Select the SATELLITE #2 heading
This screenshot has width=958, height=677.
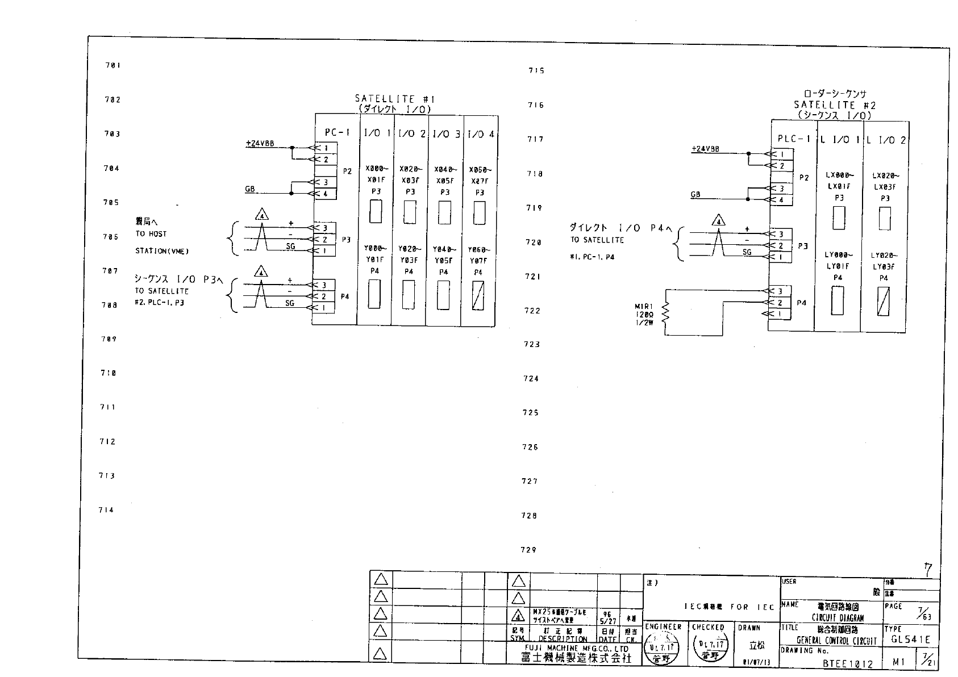coord(835,105)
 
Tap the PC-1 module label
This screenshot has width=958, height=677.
coord(337,132)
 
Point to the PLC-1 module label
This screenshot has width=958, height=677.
coord(793,139)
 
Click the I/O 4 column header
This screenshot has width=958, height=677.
coord(480,134)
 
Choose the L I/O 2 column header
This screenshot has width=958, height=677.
coord(886,140)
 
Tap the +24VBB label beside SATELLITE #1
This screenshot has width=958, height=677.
coord(260,144)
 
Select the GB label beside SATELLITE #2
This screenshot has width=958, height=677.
coord(695,195)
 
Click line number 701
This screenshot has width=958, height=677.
coord(113,65)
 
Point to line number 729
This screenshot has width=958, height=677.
coord(528,550)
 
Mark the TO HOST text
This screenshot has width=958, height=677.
coord(151,234)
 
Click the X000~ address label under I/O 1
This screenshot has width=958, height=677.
coord(376,169)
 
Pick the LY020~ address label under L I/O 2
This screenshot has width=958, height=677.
coord(885,256)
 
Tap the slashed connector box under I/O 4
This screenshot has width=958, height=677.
coord(478,296)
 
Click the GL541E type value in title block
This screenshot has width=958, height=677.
coord(910,640)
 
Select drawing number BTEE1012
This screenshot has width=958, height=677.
coord(847,663)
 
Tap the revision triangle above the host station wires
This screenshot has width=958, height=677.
coord(261,215)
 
